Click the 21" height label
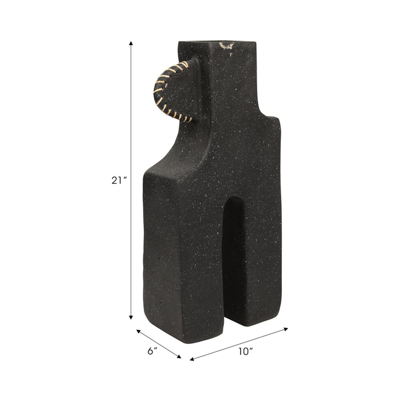tap(119, 180)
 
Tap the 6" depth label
tap(151, 351)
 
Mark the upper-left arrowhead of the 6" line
tap(138, 331)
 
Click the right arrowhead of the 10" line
tap(287, 329)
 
